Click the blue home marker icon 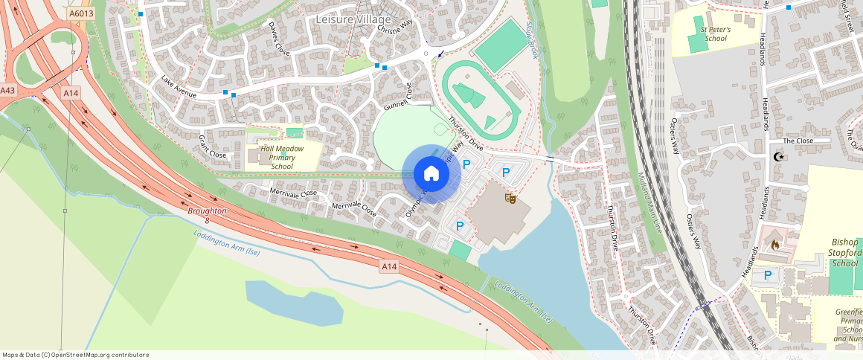pos(431,174)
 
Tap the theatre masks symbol pos(510,199)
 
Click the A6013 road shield pos(80,13)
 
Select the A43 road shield pos(7,91)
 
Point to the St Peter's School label pos(715,33)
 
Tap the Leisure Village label pos(353,19)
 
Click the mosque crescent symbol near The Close pos(780,157)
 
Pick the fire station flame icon pos(774,244)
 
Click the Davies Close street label pos(278,38)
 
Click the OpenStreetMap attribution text pos(75,355)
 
